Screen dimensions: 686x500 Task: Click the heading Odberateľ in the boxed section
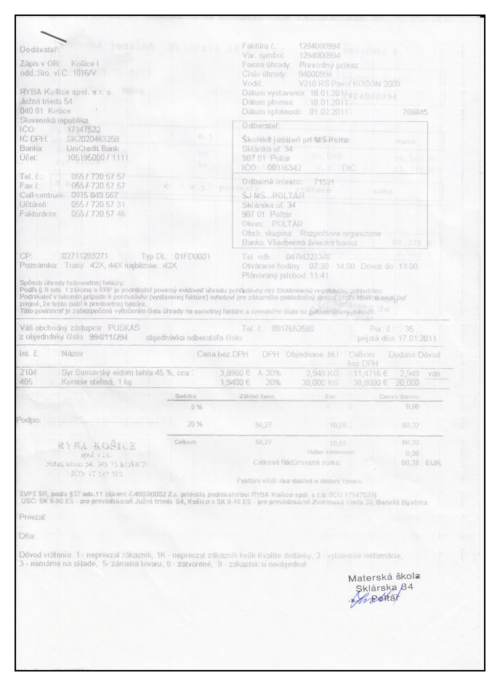tap(263, 126)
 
